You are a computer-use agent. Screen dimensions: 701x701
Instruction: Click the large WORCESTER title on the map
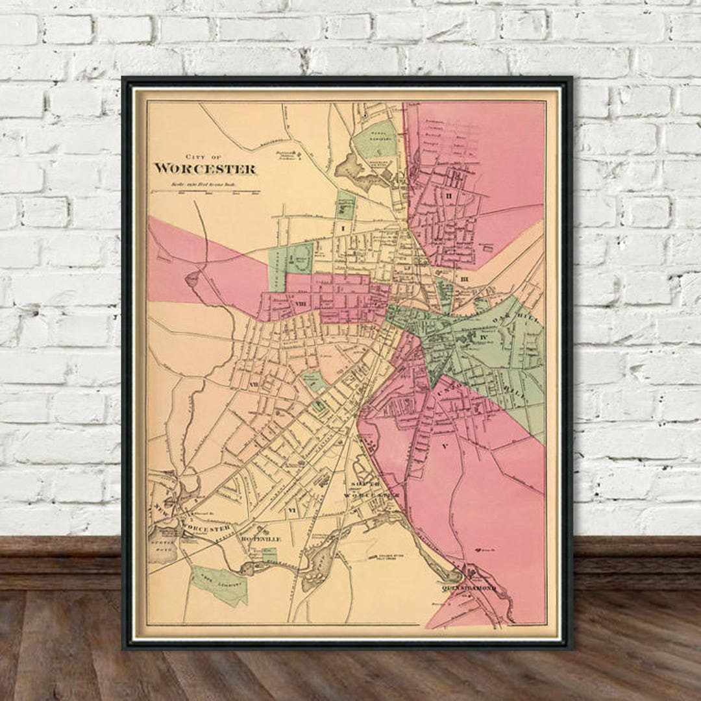[204, 169]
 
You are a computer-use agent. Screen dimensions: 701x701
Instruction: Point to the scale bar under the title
[204, 192]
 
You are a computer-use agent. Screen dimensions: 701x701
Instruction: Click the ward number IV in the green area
[483, 339]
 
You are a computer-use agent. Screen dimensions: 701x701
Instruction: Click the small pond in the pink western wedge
[193, 280]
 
